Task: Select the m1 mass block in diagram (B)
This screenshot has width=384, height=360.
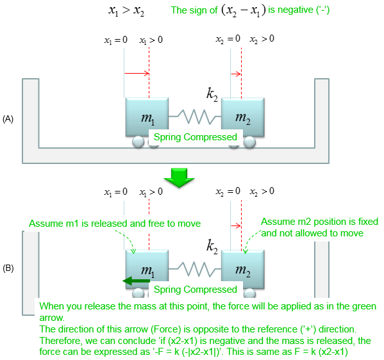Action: click(x=147, y=266)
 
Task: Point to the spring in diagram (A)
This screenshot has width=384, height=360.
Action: click(x=195, y=117)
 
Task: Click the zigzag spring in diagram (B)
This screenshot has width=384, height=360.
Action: click(x=195, y=269)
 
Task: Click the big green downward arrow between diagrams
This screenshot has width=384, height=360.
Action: click(x=179, y=178)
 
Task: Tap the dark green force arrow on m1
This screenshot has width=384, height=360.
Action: click(x=136, y=281)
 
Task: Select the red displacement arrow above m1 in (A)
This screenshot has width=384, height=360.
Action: click(x=137, y=73)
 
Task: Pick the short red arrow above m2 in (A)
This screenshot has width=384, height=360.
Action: click(x=236, y=74)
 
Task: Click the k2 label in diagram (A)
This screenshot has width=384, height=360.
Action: click(x=212, y=94)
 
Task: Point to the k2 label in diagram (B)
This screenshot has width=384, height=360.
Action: click(x=212, y=246)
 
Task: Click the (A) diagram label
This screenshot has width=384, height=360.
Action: click(x=8, y=119)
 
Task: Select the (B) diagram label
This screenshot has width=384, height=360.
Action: click(x=8, y=268)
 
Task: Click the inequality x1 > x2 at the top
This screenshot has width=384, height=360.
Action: click(x=126, y=11)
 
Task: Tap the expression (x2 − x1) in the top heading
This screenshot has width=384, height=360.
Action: click(x=244, y=10)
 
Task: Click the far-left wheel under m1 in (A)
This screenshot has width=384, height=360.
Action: click(x=138, y=142)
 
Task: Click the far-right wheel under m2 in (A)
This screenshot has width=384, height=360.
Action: click(x=249, y=142)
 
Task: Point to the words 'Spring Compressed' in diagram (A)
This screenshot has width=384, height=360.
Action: click(x=196, y=137)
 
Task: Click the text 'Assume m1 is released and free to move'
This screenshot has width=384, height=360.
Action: click(x=115, y=224)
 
